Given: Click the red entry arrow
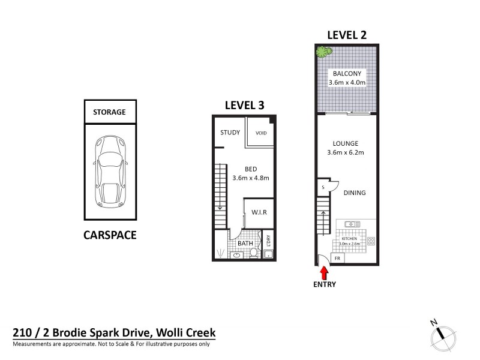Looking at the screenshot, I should (324, 272).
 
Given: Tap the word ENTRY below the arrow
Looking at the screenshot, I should (324, 284).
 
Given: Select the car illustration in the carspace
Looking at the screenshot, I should (109, 170).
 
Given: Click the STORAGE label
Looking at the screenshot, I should (109, 112).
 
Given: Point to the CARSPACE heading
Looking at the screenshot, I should (109, 235).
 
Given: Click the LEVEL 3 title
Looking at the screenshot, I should (244, 105).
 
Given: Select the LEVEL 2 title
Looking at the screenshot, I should (346, 35).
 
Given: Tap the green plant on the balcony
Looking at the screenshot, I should (324, 52).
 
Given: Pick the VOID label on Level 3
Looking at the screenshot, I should (261, 133).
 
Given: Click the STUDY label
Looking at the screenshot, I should (230, 133).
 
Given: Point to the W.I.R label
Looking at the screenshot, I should (259, 212).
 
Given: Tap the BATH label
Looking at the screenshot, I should (245, 244).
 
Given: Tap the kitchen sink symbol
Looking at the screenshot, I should (352, 224).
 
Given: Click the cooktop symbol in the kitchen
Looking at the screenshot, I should (371, 241).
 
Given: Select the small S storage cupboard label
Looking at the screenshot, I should (323, 188).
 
